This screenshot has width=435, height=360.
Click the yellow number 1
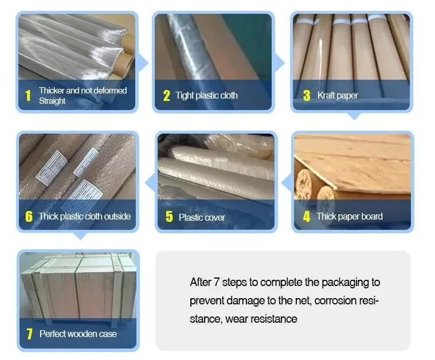(28, 96)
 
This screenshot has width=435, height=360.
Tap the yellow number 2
(166, 96)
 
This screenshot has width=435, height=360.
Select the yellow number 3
(307, 95)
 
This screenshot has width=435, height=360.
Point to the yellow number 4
(307, 217)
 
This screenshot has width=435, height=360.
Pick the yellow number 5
(169, 217)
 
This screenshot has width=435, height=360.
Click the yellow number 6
(29, 217)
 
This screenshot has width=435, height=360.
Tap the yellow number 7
(29, 334)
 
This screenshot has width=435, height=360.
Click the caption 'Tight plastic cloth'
(206, 96)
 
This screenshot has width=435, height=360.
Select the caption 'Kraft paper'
(338, 96)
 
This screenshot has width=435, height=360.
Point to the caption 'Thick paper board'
(350, 216)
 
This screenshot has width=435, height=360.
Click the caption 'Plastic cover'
(202, 217)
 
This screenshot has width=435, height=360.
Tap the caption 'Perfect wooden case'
(78, 334)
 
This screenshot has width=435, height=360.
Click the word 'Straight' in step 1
(52, 101)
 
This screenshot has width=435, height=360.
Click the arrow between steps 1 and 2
(143, 63)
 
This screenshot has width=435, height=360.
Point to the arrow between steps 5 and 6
(150, 182)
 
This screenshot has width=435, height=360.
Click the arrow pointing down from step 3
(354, 116)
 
